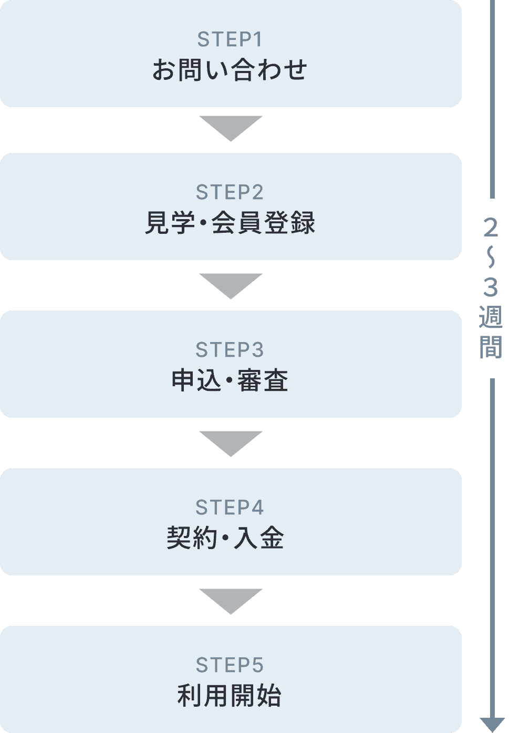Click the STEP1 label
point(230,39)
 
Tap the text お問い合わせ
point(230,69)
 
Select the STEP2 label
point(230,192)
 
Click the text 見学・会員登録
point(230,222)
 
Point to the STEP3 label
point(230,350)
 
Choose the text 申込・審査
point(230,380)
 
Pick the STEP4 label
point(230,508)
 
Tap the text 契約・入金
point(225,538)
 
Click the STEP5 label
point(230,665)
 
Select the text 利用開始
point(230,695)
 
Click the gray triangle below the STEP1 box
point(231,127)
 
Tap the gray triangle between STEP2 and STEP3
point(231,284)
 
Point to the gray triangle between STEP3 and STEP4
point(231,442)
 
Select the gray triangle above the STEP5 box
point(231,600)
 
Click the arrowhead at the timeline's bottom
point(492,724)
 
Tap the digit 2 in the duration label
point(491,228)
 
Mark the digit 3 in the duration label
point(491,287)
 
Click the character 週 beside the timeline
point(491,317)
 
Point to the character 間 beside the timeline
point(491,347)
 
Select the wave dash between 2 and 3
point(491,258)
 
